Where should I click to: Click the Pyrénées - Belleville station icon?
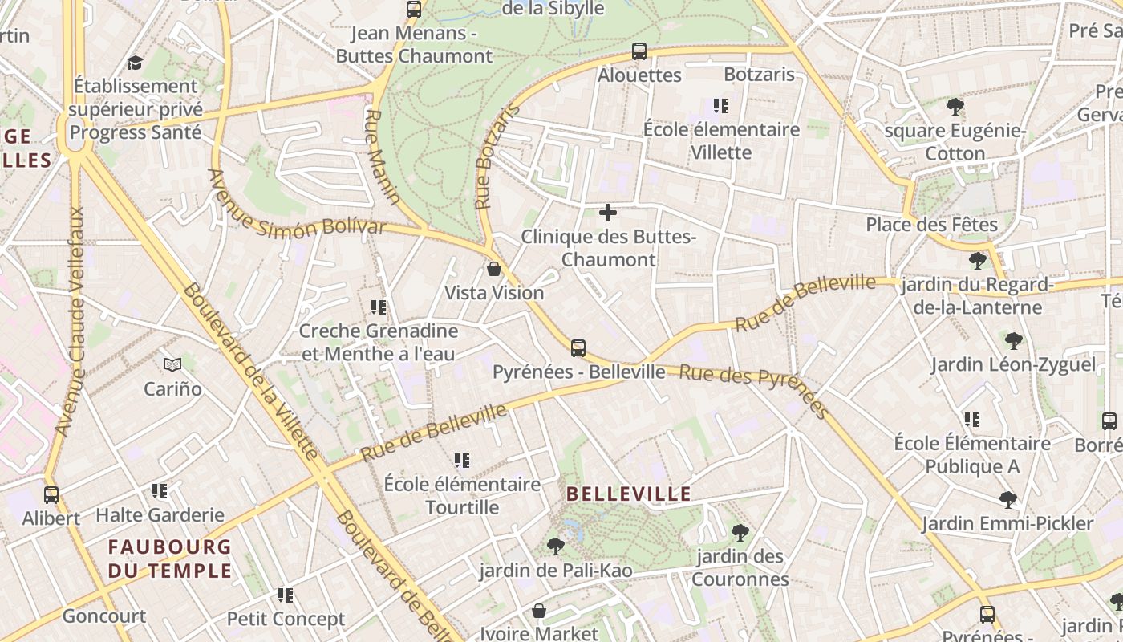tap(578, 348)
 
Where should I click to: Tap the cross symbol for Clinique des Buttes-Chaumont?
tap(608, 213)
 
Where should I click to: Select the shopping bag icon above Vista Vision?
tap(494, 269)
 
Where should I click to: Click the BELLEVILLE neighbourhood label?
tap(629, 494)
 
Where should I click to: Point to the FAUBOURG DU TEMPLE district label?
tap(170, 559)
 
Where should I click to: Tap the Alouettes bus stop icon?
tap(639, 51)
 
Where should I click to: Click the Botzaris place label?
tap(759, 75)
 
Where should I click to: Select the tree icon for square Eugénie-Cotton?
tap(955, 107)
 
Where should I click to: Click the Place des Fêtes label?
tap(931, 225)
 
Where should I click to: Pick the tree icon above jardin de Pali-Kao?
tap(555, 547)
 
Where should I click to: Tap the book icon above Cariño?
tap(172, 365)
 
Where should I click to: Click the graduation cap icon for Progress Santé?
tap(135, 63)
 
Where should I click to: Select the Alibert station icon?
tap(51, 494)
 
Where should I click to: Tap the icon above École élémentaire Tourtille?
tap(461, 461)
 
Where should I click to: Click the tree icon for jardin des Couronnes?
tap(740, 532)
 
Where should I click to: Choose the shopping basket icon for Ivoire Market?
tap(539, 611)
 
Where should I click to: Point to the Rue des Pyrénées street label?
tap(754, 389)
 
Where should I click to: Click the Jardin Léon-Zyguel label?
tap(1013, 365)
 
